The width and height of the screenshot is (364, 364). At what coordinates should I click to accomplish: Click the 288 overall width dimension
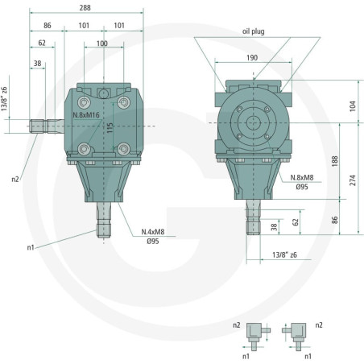tap(85, 8)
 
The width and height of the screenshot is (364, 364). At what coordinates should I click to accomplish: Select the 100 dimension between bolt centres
tap(102, 43)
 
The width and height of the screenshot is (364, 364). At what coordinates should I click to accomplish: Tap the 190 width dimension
tap(252, 58)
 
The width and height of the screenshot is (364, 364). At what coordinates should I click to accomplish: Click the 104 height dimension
tap(353, 106)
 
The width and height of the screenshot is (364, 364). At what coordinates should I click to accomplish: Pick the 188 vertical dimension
tap(335, 161)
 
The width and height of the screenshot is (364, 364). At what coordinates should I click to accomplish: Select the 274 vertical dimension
tap(353, 180)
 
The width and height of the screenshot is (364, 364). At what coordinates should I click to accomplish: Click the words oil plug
tap(254, 31)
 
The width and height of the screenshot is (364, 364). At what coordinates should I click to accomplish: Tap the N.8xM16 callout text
tap(86, 115)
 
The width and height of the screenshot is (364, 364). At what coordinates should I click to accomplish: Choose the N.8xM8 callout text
tap(302, 178)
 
